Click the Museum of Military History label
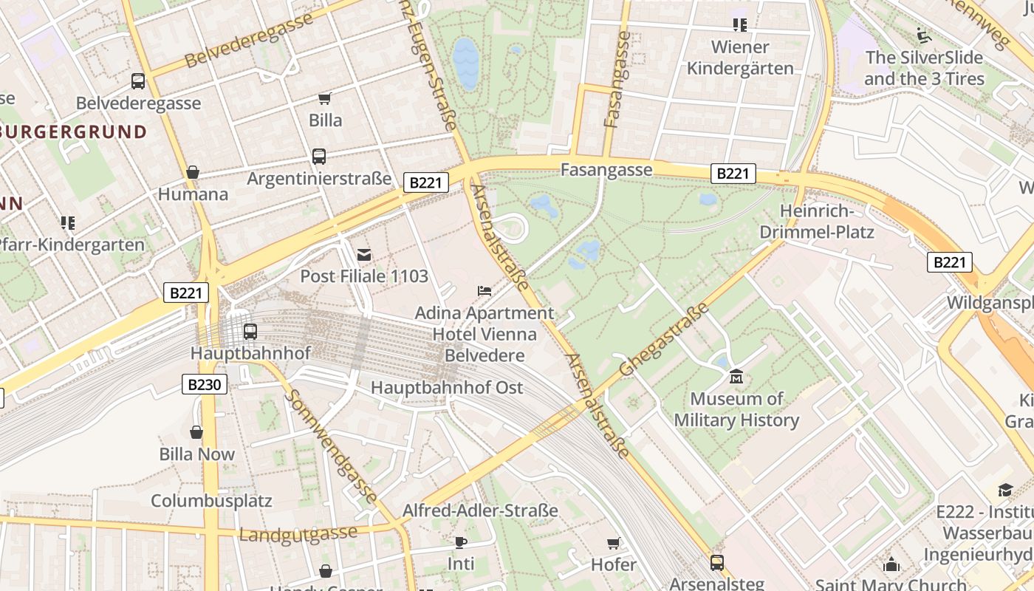(736, 409)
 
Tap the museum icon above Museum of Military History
(736, 378)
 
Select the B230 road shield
(204, 384)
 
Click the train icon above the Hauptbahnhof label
(250, 332)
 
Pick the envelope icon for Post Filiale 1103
(364, 255)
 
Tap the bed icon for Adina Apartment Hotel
(485, 291)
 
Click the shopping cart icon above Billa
(324, 98)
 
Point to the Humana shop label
(193, 194)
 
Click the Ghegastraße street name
(664, 339)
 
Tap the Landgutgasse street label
(298, 533)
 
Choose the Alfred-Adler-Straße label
(480, 510)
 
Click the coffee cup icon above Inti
(461, 542)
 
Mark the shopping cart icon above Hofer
(613, 544)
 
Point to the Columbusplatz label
(211, 500)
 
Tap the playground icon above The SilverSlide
(923, 35)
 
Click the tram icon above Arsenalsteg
(716, 563)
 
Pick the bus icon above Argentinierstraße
(319, 157)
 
